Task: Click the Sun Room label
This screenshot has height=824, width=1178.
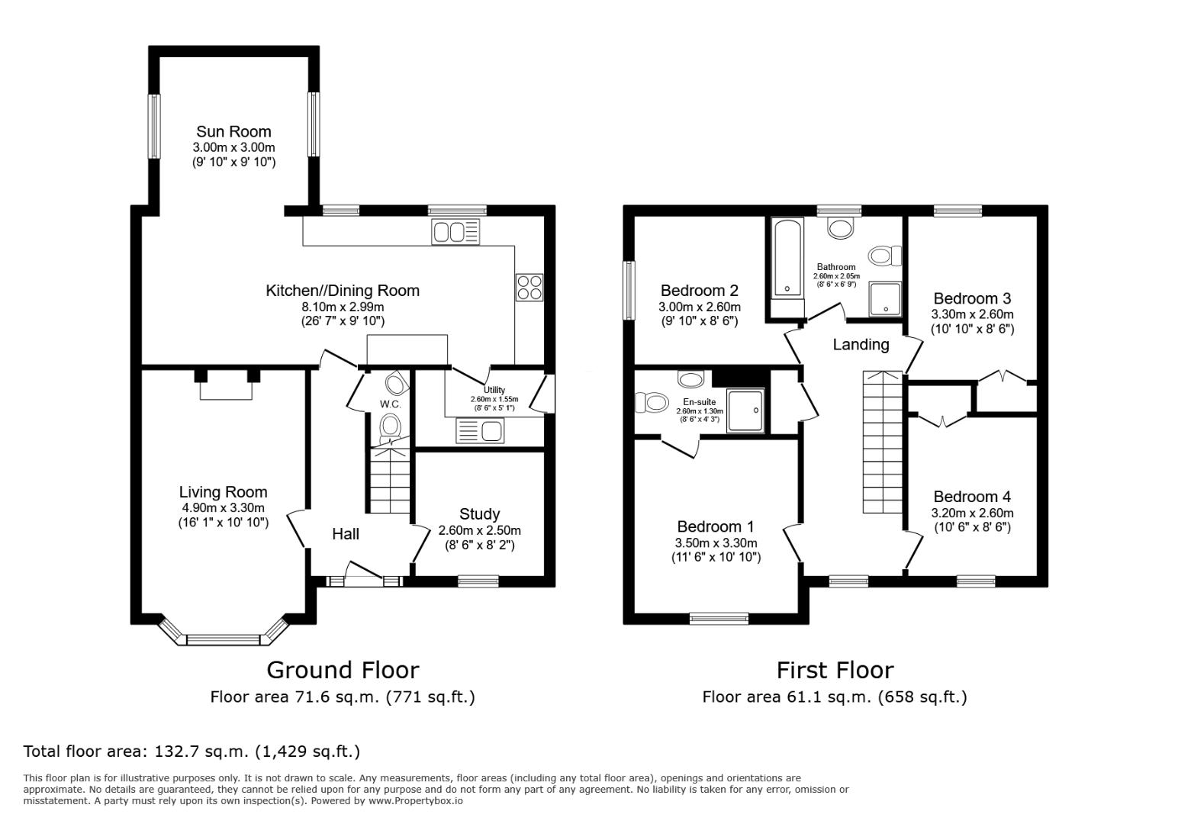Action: coord(233,131)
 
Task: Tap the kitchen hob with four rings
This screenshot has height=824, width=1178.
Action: coord(529,287)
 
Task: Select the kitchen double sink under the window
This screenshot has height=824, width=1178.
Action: coord(455,232)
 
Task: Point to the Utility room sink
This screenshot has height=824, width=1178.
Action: coord(480,430)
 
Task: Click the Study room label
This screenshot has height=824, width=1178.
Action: coord(480,513)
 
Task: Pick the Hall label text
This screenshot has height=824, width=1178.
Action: coord(346,534)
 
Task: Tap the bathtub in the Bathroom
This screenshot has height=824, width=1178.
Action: coord(787,258)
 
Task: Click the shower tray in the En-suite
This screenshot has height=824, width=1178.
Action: coord(745,410)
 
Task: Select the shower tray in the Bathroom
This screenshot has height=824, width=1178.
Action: coord(885,299)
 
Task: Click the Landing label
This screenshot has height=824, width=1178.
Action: coord(861,344)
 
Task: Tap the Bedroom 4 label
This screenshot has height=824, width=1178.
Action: coord(972,497)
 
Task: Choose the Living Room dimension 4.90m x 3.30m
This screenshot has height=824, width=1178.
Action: coord(223,508)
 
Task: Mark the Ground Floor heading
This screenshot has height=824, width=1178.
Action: coord(343,671)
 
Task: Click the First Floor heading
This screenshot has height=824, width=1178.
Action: coord(835,671)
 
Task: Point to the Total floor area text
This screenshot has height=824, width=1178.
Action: coord(192,752)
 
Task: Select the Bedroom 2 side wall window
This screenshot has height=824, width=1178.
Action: coord(629,290)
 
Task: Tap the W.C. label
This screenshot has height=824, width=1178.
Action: coord(390,404)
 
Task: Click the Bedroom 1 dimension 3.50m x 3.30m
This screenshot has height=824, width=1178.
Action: coord(716,543)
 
